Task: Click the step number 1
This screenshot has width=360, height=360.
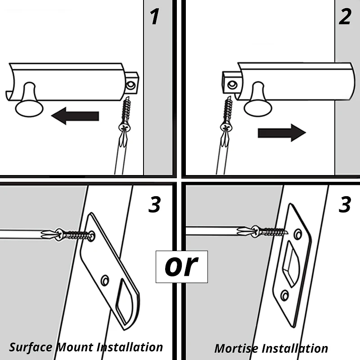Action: (x=154, y=17)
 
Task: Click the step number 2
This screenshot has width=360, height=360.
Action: (x=344, y=17)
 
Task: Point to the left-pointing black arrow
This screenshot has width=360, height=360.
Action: (x=75, y=116)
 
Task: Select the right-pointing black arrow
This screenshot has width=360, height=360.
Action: (x=282, y=133)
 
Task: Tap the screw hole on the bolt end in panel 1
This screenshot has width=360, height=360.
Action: (x=131, y=84)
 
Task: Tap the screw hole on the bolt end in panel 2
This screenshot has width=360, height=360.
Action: (x=231, y=84)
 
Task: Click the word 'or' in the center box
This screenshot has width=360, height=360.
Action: (x=181, y=266)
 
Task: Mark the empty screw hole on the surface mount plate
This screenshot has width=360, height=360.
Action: (x=105, y=280)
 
